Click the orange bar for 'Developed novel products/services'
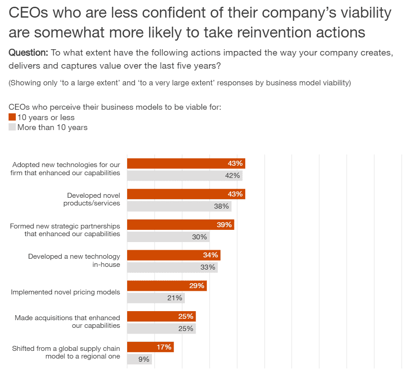point(186,194)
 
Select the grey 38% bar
point(179,206)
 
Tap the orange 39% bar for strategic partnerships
point(180,225)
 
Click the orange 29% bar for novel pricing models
point(167,286)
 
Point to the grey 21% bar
point(156,298)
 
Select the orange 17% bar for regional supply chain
point(150,347)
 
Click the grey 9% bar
point(139,359)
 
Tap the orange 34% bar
point(174,255)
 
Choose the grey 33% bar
point(172,267)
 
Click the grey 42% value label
point(233,176)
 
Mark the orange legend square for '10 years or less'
point(12,117)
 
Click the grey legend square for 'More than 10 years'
point(12,127)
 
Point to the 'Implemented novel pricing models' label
point(65,292)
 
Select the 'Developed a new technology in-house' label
point(74,261)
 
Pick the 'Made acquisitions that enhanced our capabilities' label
point(67,322)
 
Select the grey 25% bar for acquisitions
point(161,329)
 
